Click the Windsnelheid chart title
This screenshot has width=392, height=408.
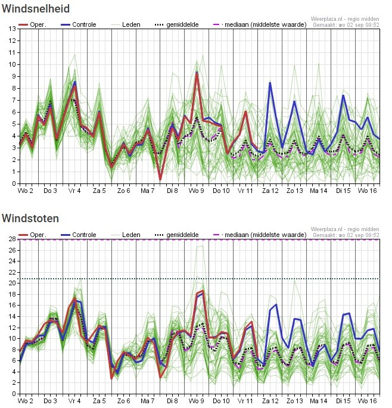click(36, 8)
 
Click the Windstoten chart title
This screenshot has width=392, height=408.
click(30, 219)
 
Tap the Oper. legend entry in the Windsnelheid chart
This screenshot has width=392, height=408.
click(32, 25)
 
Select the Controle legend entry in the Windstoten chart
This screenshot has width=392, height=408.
click(79, 235)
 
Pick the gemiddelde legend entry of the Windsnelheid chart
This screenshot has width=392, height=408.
click(177, 25)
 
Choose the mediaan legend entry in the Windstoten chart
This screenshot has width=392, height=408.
click(260, 235)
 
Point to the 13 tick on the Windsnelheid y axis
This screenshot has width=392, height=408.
click(13, 29)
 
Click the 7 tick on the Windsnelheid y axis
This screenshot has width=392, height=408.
click(14, 100)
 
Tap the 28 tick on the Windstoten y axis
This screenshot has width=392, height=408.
click(13, 239)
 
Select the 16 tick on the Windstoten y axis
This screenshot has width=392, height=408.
click(13, 305)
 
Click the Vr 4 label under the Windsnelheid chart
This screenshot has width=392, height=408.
click(74, 191)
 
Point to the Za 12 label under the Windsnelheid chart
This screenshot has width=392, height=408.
click(270, 191)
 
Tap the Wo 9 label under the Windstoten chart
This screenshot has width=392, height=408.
click(196, 401)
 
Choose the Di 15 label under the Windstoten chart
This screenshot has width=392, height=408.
click(343, 401)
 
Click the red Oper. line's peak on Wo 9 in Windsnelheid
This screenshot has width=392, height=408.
click(197, 74)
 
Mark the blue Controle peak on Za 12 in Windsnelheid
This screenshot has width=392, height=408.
click(270, 83)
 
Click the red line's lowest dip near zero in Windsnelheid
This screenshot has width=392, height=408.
click(160, 179)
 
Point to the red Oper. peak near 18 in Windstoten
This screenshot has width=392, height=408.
click(203, 291)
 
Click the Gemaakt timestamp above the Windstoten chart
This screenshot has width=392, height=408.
click(346, 235)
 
